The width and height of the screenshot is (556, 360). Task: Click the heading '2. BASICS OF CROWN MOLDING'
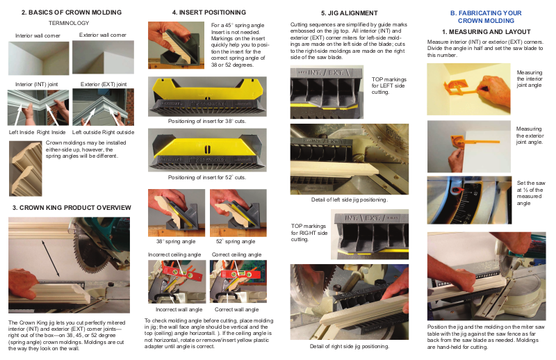[72, 13]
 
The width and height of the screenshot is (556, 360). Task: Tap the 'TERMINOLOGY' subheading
[69, 23]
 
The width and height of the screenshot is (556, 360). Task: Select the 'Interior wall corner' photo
[39, 58]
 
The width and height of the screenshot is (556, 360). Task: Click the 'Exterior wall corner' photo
[103, 57]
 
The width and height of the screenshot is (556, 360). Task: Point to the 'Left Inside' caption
[22, 132]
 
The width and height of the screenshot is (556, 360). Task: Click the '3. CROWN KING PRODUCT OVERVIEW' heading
[72, 208]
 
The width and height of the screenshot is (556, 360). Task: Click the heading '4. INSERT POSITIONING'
[209, 13]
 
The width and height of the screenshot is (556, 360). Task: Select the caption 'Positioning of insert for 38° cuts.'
[207, 122]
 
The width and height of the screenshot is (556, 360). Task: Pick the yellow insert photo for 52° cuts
[207, 150]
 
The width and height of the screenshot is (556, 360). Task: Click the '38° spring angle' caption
[176, 242]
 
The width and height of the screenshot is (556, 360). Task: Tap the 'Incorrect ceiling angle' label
[174, 254]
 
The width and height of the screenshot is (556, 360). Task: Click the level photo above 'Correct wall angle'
[238, 281]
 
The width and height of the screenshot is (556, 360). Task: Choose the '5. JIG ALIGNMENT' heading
[350, 13]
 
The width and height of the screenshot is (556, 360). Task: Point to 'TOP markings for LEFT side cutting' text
[389, 86]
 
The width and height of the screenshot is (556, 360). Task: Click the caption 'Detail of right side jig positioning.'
[350, 347]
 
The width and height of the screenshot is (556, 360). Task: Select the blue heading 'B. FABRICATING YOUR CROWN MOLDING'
[486, 17]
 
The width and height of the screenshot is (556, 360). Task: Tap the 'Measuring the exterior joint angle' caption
[530, 136]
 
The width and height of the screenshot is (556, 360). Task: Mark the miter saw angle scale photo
[470, 200]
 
